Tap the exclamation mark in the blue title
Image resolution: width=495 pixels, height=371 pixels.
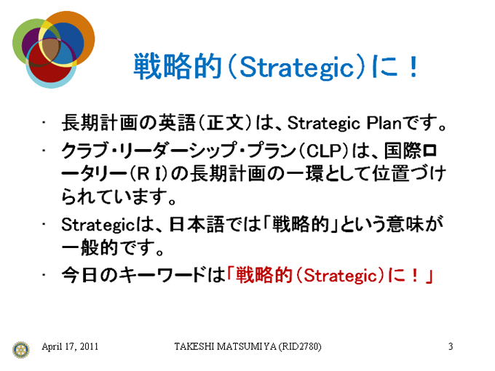pyautogui.click(x=413, y=66)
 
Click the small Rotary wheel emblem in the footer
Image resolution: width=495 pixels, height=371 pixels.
pyautogui.click(x=21, y=350)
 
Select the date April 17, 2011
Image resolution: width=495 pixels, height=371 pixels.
pyautogui.click(x=70, y=346)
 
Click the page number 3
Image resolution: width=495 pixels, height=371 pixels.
pyautogui.click(x=451, y=346)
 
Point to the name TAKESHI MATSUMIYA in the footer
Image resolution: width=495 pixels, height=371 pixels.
pyautogui.click(x=225, y=346)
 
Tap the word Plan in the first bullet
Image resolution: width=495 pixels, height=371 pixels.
pyautogui.click(x=384, y=123)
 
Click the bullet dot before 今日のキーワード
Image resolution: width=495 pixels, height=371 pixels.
pyautogui.click(x=44, y=275)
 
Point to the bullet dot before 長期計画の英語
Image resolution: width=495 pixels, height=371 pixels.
pyautogui.click(x=44, y=122)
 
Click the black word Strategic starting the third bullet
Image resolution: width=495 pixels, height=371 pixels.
pyautogui.click(x=98, y=225)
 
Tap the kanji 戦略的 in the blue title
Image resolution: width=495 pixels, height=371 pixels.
pyautogui.click(x=178, y=66)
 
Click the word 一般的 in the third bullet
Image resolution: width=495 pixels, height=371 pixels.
pyautogui.click(x=90, y=247)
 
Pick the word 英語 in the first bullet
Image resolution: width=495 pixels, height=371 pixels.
pyautogui.click(x=177, y=123)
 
